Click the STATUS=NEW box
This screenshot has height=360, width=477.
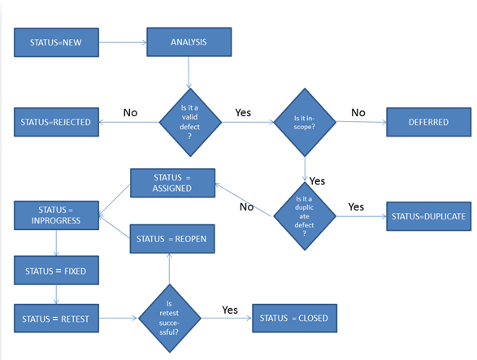pos(55,41)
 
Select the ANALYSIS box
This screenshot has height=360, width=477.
pos(189,41)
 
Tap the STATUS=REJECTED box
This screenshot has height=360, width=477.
pos(56,122)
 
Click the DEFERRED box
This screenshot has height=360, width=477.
pos(428,122)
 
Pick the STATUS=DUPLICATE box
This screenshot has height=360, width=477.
pos(428,217)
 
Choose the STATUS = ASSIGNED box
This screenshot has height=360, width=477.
pos(172,183)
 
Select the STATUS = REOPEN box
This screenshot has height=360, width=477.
pos(172,239)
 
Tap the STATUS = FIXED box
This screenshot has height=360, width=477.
pos(55,271)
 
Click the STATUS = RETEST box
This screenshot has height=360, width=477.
pos(55,318)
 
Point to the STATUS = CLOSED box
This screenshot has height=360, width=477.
pos(294,318)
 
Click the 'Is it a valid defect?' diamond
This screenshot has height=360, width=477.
pos(189,122)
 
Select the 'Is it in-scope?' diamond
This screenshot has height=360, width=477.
pos(306,122)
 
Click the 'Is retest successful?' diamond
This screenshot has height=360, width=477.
pos(169,318)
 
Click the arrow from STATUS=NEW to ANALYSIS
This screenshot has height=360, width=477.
pos(121,41)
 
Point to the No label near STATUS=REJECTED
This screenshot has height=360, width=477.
pos(130,112)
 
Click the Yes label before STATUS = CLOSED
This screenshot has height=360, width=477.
pos(230,310)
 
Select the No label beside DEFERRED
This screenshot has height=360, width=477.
pos(358,112)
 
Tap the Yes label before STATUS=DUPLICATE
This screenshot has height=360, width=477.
pos(356,207)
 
